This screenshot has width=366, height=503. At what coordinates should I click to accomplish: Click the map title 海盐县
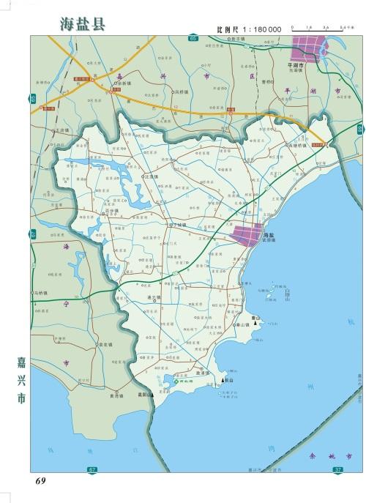83,23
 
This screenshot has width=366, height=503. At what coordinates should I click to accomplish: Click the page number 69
40,480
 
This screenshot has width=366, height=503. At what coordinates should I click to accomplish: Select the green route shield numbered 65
193,37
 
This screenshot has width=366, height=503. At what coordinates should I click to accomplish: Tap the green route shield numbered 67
91,469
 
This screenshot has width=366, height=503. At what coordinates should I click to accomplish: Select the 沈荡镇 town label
152,176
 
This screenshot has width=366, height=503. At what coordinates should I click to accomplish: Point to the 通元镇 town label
154,297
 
